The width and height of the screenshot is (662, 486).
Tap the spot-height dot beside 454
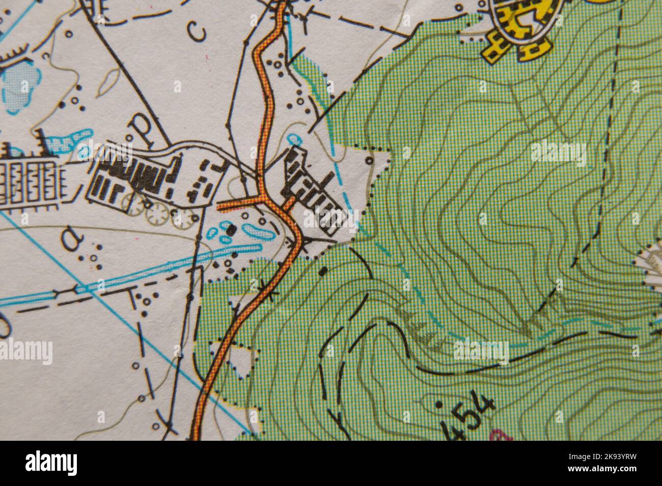[439, 405]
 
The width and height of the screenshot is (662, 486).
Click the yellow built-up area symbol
[519, 25]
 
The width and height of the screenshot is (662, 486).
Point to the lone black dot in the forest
[322, 272]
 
